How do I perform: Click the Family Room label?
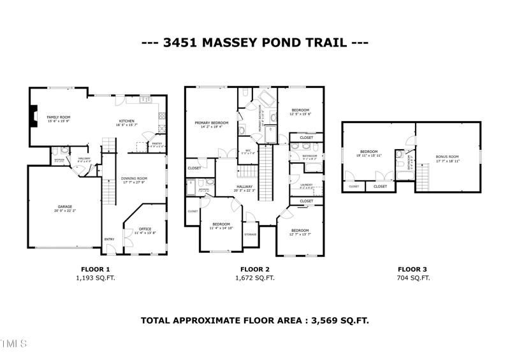tap(58, 118)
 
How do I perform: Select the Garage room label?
tap(64, 206)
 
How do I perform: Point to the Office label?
tap(145, 229)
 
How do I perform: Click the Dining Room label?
tap(135, 178)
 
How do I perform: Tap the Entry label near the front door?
tap(110, 240)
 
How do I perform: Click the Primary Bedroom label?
tap(211, 122)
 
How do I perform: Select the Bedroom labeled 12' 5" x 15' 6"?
tap(300, 111)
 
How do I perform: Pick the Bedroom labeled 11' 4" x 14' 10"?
tap(221, 224)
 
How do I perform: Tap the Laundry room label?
tap(305, 185)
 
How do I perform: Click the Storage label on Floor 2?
tap(250, 234)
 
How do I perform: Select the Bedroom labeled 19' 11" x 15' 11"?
tap(368, 152)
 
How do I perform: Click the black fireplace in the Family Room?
tap(33, 119)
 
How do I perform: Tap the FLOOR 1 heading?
tap(96, 268)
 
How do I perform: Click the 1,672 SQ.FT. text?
tap(255, 278)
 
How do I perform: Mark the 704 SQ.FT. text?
tap(413, 278)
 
